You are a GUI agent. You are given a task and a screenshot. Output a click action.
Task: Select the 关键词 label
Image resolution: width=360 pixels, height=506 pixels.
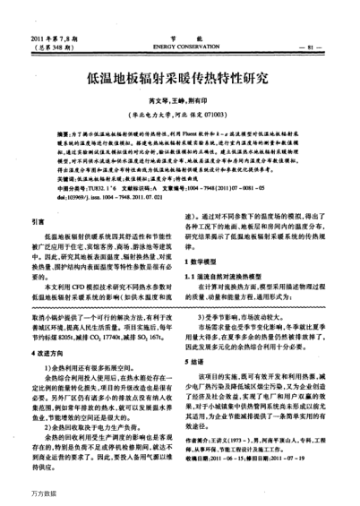tap(65, 179)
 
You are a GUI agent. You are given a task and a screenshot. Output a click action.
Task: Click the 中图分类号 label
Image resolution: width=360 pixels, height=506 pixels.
tap(70, 188)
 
